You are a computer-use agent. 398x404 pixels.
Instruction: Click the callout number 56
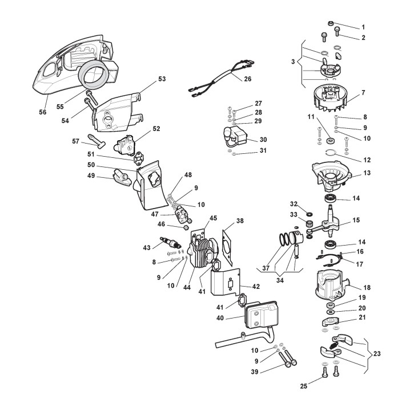43,112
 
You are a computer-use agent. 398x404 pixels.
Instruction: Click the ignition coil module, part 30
236,138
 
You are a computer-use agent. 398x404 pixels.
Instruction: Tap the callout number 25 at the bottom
303,386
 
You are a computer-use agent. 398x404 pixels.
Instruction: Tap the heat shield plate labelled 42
226,285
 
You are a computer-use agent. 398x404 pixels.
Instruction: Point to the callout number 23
377,353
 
